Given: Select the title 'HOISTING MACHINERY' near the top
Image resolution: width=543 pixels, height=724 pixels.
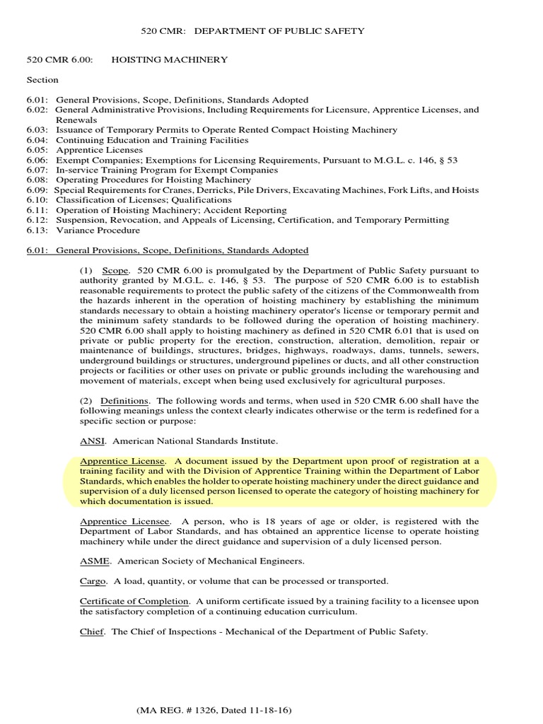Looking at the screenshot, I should (170, 60).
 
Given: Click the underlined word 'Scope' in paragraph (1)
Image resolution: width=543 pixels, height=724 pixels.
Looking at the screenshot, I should (116, 271).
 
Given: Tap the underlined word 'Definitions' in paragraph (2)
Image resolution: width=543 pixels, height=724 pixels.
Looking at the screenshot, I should (124, 401).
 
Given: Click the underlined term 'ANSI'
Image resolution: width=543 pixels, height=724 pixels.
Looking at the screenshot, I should (90, 441).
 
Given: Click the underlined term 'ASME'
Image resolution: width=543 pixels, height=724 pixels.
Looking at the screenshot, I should (93, 561).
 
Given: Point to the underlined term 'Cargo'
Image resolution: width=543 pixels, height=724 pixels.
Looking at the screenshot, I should (93, 581).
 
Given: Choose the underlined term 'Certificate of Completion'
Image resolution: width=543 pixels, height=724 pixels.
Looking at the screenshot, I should (134, 602).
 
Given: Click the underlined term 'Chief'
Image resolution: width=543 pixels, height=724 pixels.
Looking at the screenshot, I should (92, 631).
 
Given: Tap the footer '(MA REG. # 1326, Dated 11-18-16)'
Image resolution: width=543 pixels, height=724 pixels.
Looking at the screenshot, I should (215, 709).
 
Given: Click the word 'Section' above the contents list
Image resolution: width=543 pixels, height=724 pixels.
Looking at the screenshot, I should (42, 80).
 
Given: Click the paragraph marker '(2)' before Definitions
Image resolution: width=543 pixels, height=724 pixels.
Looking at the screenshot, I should (86, 401).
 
